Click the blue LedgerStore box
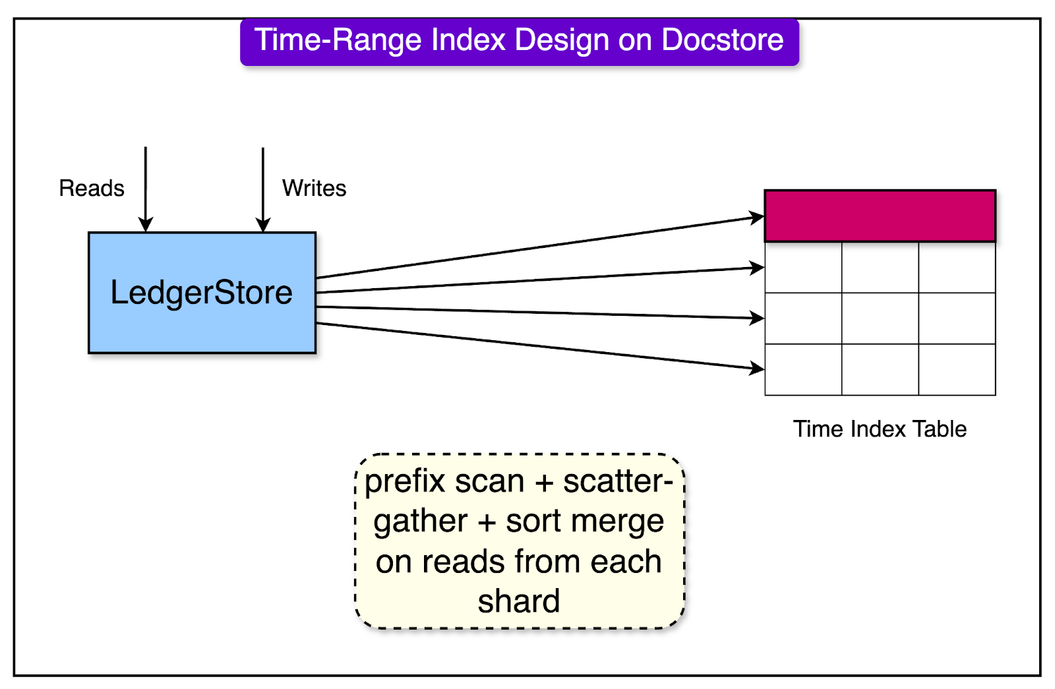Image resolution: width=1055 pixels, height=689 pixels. pos(202,292)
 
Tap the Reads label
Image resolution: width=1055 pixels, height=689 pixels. pos(92,189)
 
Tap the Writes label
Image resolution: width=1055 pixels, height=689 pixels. pos(314,189)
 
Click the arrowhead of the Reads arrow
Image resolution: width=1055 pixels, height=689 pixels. pos(146,225)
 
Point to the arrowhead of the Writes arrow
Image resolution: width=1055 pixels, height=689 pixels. pos(263,225)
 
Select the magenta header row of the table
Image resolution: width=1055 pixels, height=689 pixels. pos(880,216)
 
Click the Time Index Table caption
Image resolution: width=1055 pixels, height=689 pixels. pos(880,429)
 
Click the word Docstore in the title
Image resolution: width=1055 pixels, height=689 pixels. pos(723,40)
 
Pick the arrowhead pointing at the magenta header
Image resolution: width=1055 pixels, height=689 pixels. pos(757,217)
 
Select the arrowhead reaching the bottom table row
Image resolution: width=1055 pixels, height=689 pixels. pos(757,368)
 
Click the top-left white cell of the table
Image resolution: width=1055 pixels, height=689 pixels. pos(803,268)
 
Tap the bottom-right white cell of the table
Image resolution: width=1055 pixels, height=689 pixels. pos(957,369)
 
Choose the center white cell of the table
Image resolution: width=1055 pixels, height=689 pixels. pos(880,318)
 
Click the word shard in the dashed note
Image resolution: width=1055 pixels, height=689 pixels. pos(519,601)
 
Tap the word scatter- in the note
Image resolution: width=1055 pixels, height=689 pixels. pos(618,481)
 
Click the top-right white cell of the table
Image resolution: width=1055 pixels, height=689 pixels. pos(957,268)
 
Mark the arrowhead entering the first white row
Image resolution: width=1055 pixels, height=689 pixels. pos(757,268)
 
